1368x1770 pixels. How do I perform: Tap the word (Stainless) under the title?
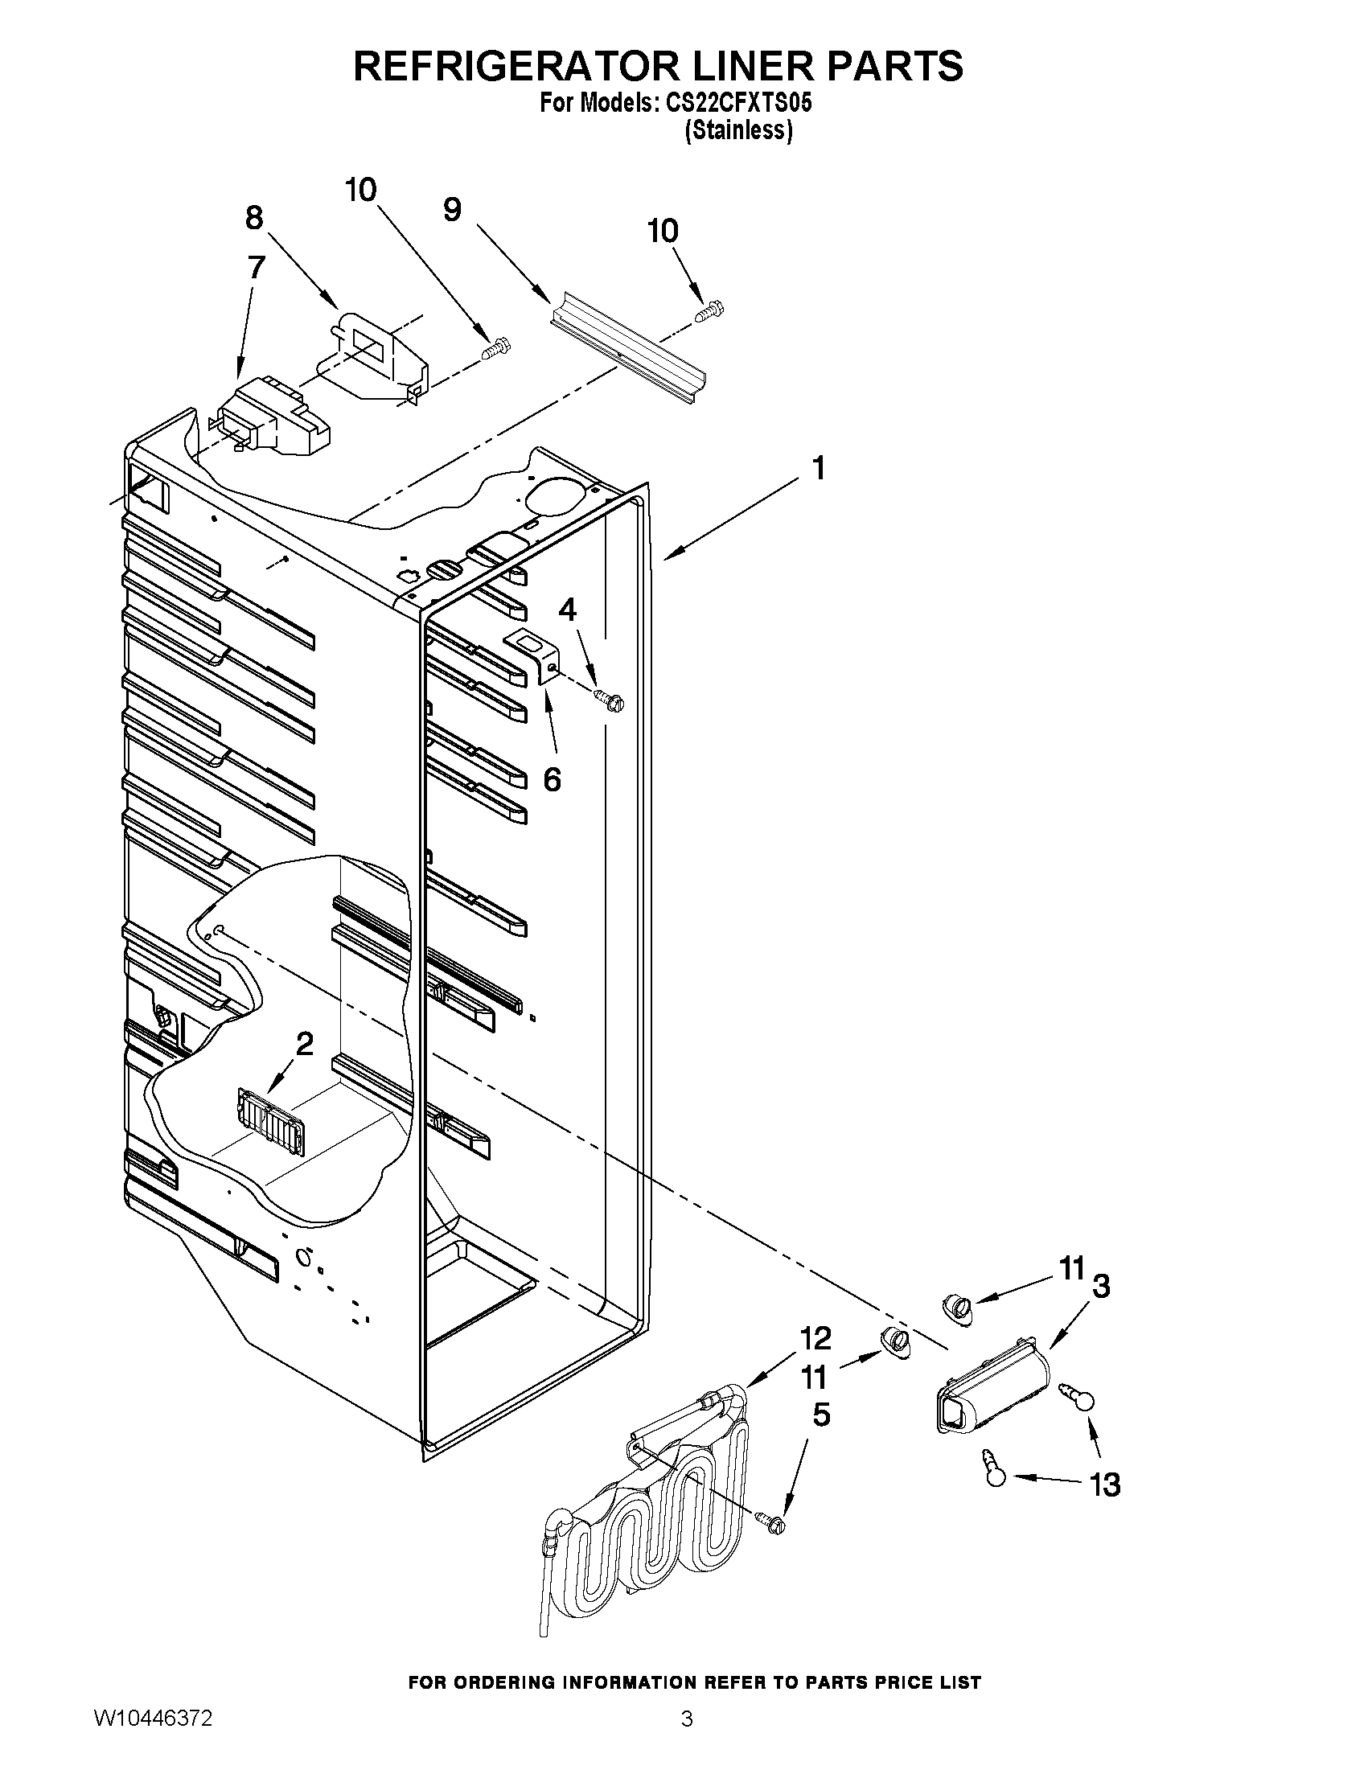click(737, 130)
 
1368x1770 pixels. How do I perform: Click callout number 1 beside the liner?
click(819, 467)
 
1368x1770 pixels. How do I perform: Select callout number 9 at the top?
click(452, 210)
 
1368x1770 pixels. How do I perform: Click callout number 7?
click(256, 268)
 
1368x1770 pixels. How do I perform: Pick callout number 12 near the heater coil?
click(816, 1339)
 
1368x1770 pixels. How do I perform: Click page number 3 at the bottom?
click(687, 1739)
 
